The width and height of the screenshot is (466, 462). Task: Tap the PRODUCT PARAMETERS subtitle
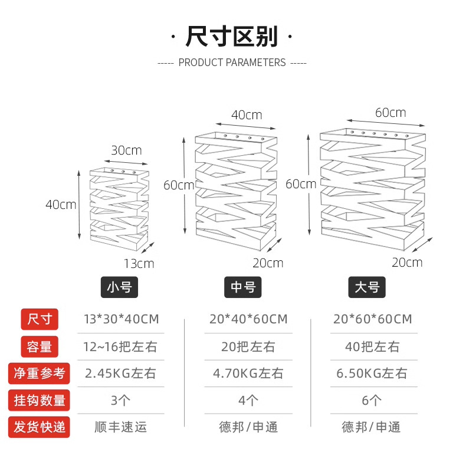(232, 63)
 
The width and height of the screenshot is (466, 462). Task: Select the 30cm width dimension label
(126, 150)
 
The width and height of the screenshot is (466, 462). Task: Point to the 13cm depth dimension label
(139, 263)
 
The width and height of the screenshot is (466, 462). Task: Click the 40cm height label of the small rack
(61, 205)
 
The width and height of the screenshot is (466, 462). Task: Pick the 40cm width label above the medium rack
(247, 115)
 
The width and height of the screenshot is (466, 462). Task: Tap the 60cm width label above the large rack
(390, 112)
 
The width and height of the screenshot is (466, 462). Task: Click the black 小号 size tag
(120, 287)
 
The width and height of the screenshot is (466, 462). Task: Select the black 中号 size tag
(243, 287)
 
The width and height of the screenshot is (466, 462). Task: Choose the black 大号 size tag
(367, 287)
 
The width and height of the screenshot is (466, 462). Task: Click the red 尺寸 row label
(40, 319)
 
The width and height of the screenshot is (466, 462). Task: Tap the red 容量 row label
(40, 346)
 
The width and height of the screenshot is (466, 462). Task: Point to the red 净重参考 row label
(40, 373)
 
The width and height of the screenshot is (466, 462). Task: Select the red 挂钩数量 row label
(40, 400)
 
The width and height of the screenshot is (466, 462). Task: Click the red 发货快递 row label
(40, 427)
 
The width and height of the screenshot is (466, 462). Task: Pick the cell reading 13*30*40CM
(122, 319)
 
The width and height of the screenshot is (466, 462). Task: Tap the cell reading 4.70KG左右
(248, 373)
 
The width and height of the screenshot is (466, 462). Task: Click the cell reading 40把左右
(372, 346)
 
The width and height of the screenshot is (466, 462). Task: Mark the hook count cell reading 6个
(372, 401)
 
